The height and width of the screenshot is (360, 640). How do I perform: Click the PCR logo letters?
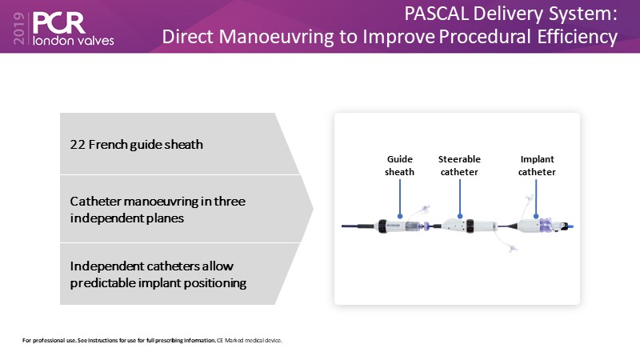pyautogui.click(x=58, y=23)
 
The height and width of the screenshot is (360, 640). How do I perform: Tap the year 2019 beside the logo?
pyautogui.click(x=18, y=28)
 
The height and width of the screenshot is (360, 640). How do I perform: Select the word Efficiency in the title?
pyautogui.click(x=577, y=37)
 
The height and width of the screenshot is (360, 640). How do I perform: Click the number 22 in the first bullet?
pyautogui.click(x=78, y=145)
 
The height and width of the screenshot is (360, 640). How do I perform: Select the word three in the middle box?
pyautogui.click(x=230, y=202)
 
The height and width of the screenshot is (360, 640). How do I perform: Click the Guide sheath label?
pyautogui.click(x=399, y=166)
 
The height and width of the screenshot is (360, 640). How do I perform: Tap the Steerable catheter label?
pyautogui.click(x=459, y=166)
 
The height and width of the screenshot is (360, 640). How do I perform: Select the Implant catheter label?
pyautogui.click(x=537, y=166)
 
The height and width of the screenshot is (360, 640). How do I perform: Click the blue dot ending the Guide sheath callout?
pyautogui.click(x=400, y=216)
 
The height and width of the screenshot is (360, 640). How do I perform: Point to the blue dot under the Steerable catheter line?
pyautogui.click(x=460, y=216)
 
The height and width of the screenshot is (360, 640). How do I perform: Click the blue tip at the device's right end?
pyautogui.click(x=570, y=226)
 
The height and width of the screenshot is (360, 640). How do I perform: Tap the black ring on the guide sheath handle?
pyautogui.click(x=382, y=226)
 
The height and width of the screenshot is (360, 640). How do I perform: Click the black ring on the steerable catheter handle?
pyautogui.click(x=470, y=226)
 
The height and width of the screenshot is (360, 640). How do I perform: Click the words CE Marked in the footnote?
pyautogui.click(x=234, y=341)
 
